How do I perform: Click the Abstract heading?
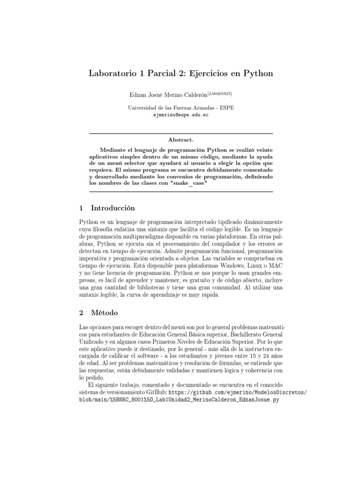click(180, 140)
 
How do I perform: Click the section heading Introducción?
click(112, 208)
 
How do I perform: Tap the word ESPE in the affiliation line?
click(226, 107)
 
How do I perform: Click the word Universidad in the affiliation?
click(143, 107)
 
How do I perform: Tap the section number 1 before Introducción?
click(80, 208)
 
